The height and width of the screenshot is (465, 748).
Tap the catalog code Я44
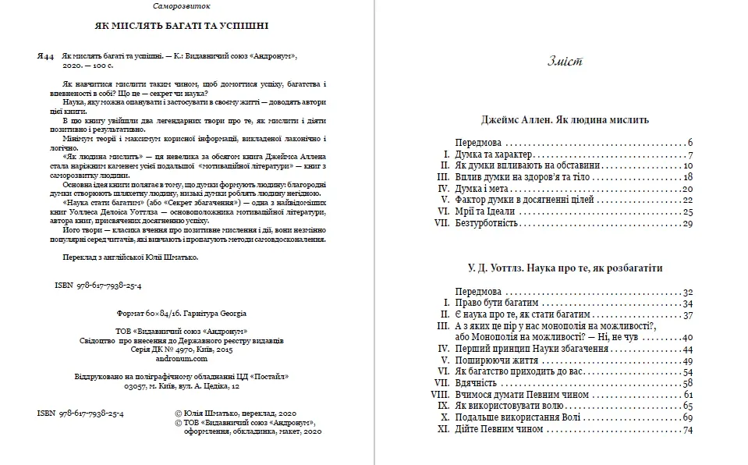44,59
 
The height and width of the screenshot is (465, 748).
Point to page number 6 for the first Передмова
690,143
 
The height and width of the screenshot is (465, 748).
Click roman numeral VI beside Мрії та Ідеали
443,211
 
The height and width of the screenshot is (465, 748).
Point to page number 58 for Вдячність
687,383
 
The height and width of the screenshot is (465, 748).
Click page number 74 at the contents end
687,430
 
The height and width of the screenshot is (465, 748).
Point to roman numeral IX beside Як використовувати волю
443,406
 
